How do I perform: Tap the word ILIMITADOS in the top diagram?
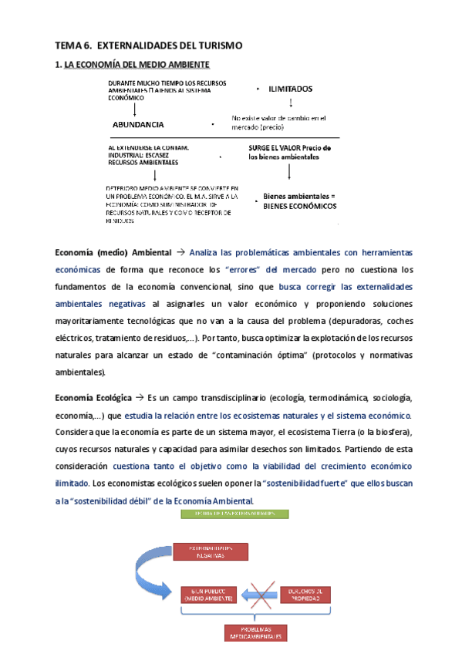click(291, 89)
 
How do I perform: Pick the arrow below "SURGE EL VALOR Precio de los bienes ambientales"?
click(290, 175)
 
